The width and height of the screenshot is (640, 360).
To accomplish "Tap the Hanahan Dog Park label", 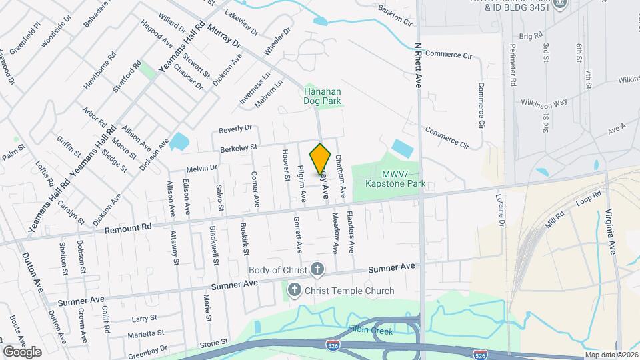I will pyautogui.click(x=323, y=96).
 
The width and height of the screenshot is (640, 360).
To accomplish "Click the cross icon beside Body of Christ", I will pyautogui.click(x=317, y=270).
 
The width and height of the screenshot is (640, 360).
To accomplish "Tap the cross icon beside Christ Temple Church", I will pyautogui.click(x=293, y=291).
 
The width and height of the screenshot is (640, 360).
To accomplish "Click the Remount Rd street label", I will pyautogui.click(x=128, y=228).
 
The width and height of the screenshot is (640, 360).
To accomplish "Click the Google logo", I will pyautogui.click(x=22, y=351).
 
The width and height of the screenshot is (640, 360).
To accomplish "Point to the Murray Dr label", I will pyautogui.click(x=224, y=35).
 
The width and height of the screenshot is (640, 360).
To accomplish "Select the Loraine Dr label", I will pyautogui.click(x=499, y=210).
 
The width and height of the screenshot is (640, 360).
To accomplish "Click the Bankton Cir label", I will pyautogui.click(x=395, y=17).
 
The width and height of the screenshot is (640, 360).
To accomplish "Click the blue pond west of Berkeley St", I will pyautogui.click(x=179, y=141).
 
